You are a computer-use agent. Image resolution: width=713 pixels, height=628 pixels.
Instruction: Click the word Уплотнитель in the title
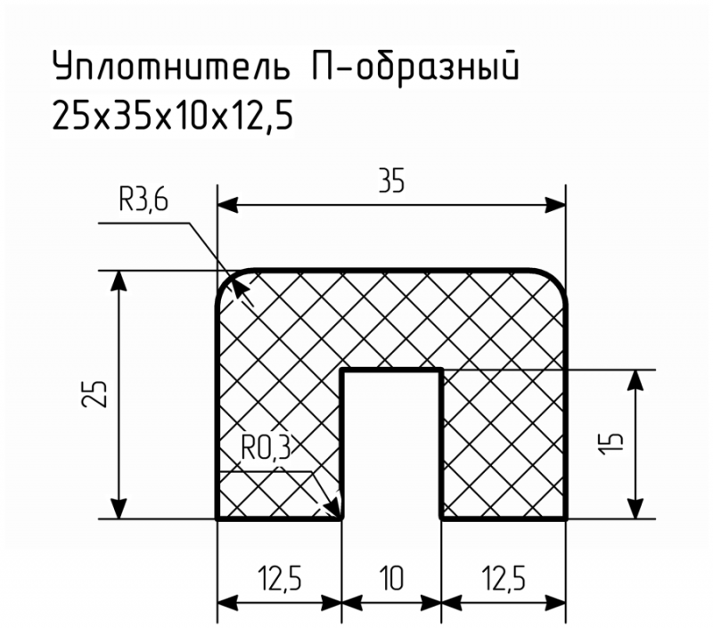click(x=172, y=65)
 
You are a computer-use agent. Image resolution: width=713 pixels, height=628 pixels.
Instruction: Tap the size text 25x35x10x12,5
click(x=173, y=115)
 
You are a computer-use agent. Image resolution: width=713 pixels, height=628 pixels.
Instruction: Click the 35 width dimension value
click(x=391, y=182)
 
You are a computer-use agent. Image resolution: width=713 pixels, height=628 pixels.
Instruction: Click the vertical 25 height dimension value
click(x=94, y=393)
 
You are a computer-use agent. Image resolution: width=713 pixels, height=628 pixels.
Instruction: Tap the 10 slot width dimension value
click(x=391, y=578)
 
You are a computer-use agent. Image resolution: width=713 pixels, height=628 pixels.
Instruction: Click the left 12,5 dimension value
click(x=279, y=578)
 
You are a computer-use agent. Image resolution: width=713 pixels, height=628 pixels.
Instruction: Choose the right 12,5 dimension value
click(x=503, y=578)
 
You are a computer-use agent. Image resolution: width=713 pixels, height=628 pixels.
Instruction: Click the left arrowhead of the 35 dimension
click(x=227, y=206)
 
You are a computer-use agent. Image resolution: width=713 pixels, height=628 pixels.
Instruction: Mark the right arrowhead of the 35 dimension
click(x=555, y=206)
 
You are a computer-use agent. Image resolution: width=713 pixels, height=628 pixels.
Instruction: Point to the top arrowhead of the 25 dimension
click(x=119, y=281)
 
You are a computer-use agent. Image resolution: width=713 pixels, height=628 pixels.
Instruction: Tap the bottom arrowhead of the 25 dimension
click(x=119, y=509)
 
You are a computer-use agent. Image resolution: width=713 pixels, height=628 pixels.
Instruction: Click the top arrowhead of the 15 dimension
click(x=635, y=380)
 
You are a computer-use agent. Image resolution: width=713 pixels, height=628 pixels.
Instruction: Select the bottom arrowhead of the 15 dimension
click(x=635, y=509)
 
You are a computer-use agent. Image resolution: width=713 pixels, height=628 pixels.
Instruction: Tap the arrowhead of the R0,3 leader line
click(x=334, y=508)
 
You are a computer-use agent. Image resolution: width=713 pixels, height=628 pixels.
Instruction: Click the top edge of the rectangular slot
click(x=391, y=371)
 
